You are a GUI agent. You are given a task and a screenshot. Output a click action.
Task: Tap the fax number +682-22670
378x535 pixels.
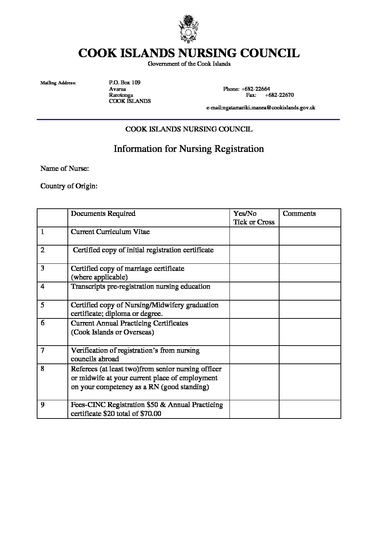[x=279, y=95]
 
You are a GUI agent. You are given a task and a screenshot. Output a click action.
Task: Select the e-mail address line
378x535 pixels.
[x=261, y=108]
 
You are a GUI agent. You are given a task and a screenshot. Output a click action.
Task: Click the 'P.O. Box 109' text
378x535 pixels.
[x=125, y=83]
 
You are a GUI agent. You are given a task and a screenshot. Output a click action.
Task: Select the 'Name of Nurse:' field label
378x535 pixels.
[x=65, y=168]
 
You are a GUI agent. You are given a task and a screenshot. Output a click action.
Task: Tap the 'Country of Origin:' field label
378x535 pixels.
[x=69, y=186]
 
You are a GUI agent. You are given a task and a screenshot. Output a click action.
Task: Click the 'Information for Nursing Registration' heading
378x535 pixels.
[x=188, y=149]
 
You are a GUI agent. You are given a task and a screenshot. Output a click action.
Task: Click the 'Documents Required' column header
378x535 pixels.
[x=103, y=214]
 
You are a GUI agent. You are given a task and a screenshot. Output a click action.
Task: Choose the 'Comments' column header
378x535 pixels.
[x=299, y=214]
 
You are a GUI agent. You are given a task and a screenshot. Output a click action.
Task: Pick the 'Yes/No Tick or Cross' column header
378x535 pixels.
[x=254, y=218]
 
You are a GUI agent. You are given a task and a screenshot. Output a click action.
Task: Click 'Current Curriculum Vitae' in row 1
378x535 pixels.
[x=110, y=232]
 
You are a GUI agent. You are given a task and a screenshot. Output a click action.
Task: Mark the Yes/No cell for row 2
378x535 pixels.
[x=254, y=254]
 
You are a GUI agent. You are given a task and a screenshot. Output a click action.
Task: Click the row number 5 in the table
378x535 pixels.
[x=42, y=305]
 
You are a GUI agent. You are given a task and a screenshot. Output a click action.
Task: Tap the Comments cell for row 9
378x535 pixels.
[x=310, y=409]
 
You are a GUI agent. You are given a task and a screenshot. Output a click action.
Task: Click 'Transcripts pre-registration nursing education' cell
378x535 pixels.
[x=141, y=287]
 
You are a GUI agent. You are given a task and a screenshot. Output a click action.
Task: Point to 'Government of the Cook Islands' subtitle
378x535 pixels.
[x=189, y=64]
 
